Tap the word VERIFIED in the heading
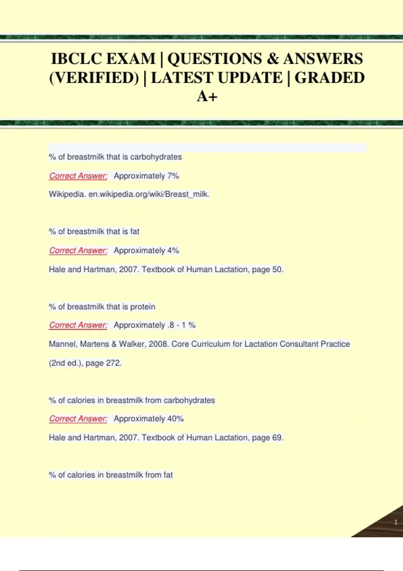(94, 78)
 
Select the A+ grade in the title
(207, 96)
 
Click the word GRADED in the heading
(329, 78)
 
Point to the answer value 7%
(173, 176)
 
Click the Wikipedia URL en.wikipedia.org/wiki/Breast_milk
(149, 194)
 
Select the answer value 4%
(173, 250)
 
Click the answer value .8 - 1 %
(181, 325)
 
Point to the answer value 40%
(175, 419)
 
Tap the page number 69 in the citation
(277, 438)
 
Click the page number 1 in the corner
(396, 522)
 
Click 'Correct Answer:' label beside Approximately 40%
(78, 419)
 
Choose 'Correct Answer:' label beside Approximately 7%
(78, 176)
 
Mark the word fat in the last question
(168, 475)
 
